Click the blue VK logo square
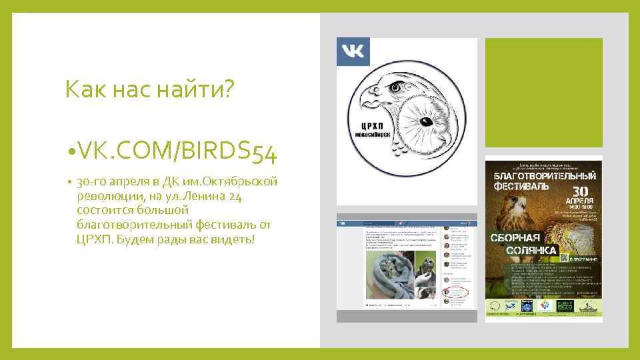353,52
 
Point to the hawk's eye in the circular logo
398,87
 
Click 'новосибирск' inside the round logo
373,133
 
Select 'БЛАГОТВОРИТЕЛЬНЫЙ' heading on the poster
543,175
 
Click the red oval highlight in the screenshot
457,293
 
